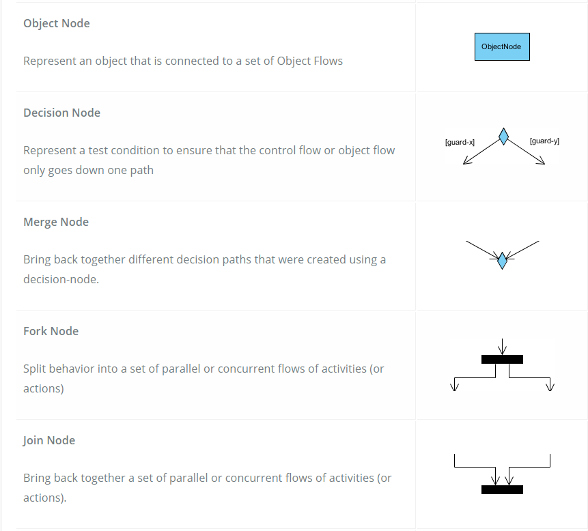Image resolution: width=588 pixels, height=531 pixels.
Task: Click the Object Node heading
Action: pos(57,23)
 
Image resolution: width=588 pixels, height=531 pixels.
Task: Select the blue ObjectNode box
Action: pos(502,47)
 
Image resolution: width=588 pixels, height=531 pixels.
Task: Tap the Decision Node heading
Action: pos(61,113)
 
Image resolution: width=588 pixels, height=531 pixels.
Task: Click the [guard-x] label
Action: pos(460,142)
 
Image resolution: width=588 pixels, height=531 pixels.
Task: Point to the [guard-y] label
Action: pos(544,141)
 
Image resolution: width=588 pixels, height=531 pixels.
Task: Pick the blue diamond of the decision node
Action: pos(503,137)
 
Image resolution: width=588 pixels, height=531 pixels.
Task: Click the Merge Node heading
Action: pos(56,222)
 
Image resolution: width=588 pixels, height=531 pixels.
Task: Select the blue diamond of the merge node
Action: pos(502,260)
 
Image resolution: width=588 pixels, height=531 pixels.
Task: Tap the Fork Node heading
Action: pos(51,331)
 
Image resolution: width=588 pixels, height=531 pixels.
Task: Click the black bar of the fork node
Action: pos(502,359)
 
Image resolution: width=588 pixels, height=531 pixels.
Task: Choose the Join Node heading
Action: pos(49,440)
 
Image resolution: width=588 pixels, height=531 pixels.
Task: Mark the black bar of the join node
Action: pos(502,489)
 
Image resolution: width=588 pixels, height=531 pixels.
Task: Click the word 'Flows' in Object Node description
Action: pos(327,61)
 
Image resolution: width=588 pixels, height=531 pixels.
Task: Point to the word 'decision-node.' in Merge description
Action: pos(61,279)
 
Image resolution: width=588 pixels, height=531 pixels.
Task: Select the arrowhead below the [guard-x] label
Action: pos(465,162)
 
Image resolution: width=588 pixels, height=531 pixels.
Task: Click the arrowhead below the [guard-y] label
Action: pos(542,162)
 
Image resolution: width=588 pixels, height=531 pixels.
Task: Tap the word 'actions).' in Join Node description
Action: pos(45,498)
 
